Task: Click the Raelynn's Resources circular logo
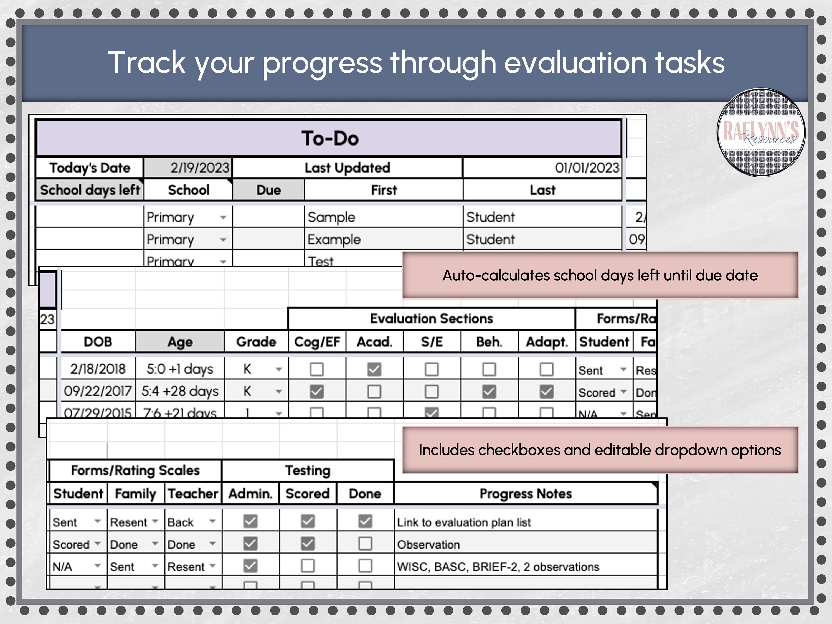point(761,132)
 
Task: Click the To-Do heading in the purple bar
point(329,138)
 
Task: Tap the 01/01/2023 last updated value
point(587,168)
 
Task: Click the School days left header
point(90,190)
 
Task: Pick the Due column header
point(268,190)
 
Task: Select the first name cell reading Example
point(334,240)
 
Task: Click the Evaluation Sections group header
point(431,319)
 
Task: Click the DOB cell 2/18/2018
point(98,369)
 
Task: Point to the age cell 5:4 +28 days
point(180,391)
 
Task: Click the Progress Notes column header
point(526,493)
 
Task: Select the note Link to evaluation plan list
point(464,522)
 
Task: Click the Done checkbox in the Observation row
point(365,544)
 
